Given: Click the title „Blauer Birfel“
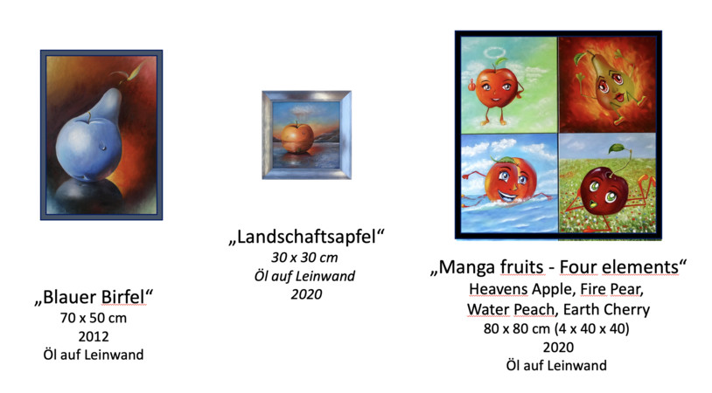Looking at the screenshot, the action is (94, 297).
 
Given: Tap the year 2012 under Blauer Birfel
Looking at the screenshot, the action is (94, 337).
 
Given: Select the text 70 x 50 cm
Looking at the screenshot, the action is (94, 318).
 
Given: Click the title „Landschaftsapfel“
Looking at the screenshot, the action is (306, 237).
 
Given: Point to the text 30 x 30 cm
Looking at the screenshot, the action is (304, 258).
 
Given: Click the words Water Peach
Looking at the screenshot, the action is (511, 309).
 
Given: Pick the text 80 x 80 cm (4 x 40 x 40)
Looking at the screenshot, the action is (556, 328).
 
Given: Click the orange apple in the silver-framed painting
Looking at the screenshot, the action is (297, 137).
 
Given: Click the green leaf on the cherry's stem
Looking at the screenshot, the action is (618, 148).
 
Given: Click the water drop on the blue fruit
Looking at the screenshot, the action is (104, 148).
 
